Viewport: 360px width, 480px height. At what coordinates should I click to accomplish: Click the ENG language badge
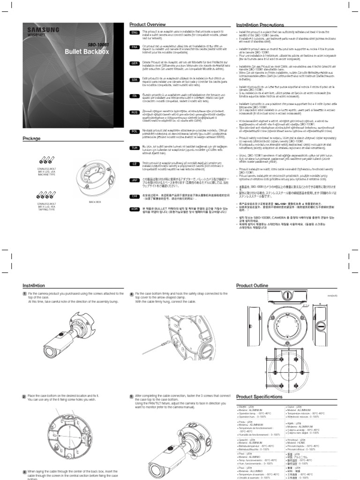pos(134,32)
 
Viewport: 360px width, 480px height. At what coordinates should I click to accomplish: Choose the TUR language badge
pos(134,147)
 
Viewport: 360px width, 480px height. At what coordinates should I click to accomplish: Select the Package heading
pos(32,138)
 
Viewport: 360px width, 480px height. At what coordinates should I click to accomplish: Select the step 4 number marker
pos(132,294)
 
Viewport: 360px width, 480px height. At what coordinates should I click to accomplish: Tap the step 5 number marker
pos(132,396)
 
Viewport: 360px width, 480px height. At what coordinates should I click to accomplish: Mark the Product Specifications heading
pos(260,396)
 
